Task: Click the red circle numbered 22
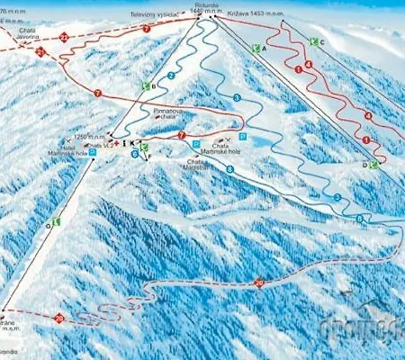click(64, 37)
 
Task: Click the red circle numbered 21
click(40, 52)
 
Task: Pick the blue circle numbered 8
click(229, 168)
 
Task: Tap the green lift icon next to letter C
click(311, 41)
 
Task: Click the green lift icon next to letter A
click(256, 48)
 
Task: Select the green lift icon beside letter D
click(373, 165)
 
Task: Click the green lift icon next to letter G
click(56, 220)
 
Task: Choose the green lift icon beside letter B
click(145, 85)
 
